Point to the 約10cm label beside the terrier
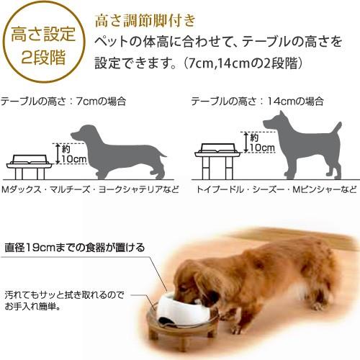[259, 142]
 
